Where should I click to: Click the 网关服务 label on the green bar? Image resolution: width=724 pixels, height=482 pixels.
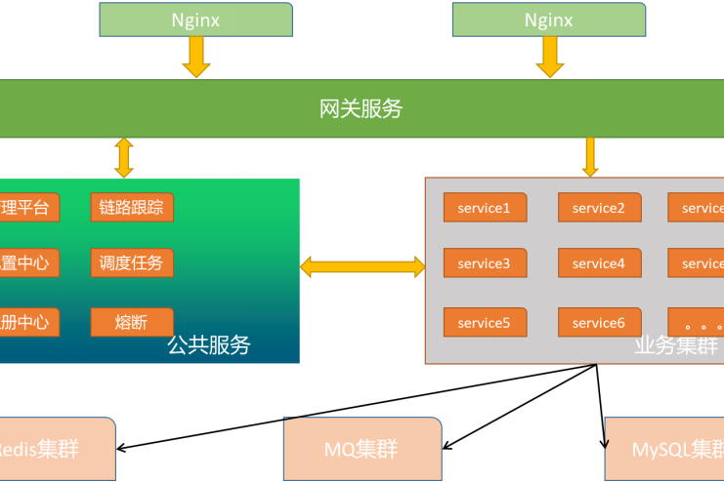(x=361, y=108)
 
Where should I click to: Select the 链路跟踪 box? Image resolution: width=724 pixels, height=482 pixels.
(x=132, y=207)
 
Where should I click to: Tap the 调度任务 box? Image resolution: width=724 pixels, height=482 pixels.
(x=132, y=262)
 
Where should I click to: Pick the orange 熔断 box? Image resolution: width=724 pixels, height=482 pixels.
(x=132, y=322)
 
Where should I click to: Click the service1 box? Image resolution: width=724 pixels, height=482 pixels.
(x=485, y=207)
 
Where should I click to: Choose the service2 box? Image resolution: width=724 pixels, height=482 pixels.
(x=599, y=207)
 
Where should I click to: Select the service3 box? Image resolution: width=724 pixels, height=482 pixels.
(x=485, y=263)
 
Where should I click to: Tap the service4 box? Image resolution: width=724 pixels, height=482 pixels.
(x=599, y=263)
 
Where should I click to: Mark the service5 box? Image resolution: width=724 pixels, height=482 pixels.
(x=485, y=323)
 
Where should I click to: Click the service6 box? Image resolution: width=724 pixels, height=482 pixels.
(x=599, y=323)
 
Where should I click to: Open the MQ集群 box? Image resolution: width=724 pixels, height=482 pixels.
(x=362, y=450)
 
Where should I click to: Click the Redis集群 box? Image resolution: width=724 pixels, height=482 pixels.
(x=54, y=450)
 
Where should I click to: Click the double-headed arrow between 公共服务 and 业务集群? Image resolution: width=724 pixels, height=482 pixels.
(x=362, y=265)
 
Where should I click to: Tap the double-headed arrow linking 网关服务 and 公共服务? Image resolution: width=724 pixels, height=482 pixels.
(x=123, y=157)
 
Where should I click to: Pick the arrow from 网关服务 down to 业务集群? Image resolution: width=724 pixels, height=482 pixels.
(x=589, y=156)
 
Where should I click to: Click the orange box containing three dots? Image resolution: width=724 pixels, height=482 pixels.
(x=697, y=323)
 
